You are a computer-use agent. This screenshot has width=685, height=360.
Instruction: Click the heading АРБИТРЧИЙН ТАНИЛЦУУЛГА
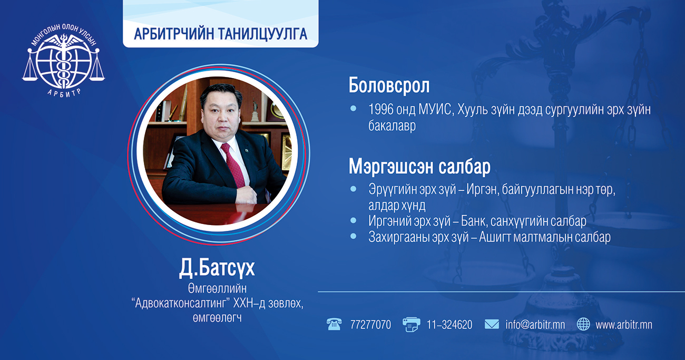point(220,34)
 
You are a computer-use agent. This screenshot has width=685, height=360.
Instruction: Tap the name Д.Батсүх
point(217,268)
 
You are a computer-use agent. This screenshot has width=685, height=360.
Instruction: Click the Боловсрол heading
point(389,85)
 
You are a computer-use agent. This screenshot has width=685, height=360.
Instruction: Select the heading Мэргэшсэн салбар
point(419,167)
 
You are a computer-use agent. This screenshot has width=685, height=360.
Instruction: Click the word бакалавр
point(392,125)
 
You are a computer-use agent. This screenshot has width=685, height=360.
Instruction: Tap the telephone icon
point(334,324)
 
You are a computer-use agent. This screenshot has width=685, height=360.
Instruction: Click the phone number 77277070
point(370,325)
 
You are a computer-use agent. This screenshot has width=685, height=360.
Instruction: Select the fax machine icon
point(412,325)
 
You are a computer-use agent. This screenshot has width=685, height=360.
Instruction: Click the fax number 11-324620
point(449,325)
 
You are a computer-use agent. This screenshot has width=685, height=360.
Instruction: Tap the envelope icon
point(492,324)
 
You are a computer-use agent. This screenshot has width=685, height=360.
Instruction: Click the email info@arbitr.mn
point(535,325)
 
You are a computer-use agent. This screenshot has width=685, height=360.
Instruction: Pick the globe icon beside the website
point(583,324)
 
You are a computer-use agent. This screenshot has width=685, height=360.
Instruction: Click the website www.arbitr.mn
point(624,325)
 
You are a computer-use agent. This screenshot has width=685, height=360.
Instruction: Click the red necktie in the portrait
point(233,165)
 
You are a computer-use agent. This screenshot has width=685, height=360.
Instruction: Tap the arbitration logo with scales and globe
point(63,60)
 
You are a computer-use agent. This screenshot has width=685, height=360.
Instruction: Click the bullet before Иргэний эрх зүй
point(353,220)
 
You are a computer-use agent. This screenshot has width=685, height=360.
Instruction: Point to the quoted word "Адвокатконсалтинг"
point(181,303)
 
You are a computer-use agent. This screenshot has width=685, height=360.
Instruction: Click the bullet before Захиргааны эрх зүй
point(353,236)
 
